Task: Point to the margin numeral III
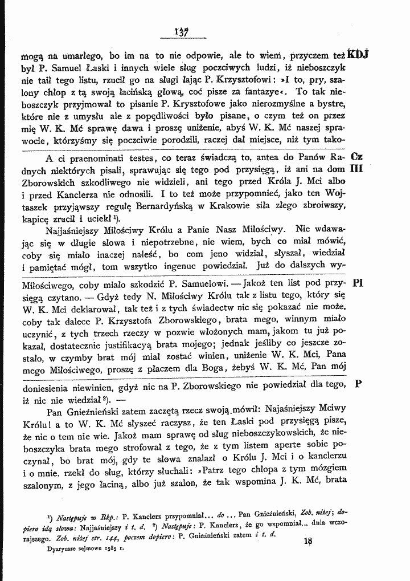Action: click(358, 169)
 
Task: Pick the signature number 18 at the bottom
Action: click(309, 541)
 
